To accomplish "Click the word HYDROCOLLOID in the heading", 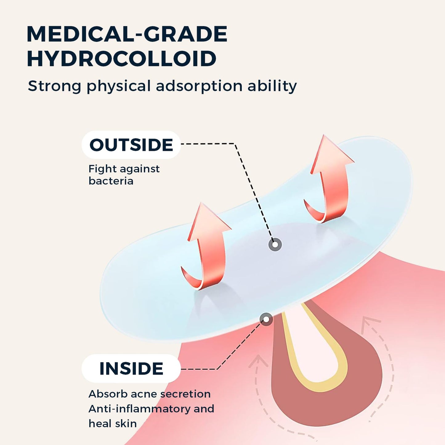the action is [x=122, y=59].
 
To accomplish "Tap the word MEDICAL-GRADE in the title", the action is [x=127, y=34].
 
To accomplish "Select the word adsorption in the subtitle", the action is [x=199, y=86].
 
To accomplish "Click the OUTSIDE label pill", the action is [x=131, y=145].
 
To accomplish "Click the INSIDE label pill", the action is [x=131, y=369].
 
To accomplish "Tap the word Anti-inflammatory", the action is [x=139, y=409].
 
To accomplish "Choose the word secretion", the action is [x=185, y=394].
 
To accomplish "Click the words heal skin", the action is [x=113, y=423].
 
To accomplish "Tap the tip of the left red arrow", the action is [x=201, y=203].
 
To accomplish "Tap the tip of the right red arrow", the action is [x=324, y=135].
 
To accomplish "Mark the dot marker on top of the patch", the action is [x=275, y=244].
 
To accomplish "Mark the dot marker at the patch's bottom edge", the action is [x=266, y=319].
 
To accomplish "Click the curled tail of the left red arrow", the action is [x=196, y=281].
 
